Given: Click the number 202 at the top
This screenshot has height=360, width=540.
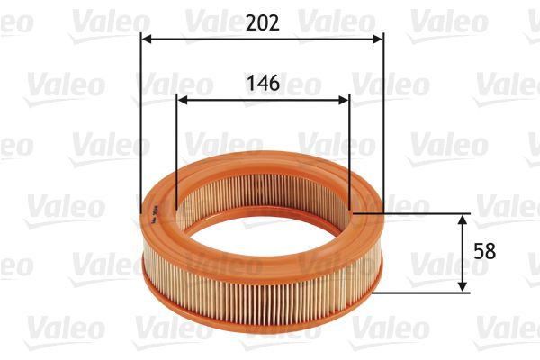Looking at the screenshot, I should coord(262,22).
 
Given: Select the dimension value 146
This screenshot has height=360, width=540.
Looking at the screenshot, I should coord(262,83).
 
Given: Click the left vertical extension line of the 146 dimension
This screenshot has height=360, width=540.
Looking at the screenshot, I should coord(176,153).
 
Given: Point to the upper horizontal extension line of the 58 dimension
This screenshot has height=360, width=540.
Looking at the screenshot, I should coord(414,214).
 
